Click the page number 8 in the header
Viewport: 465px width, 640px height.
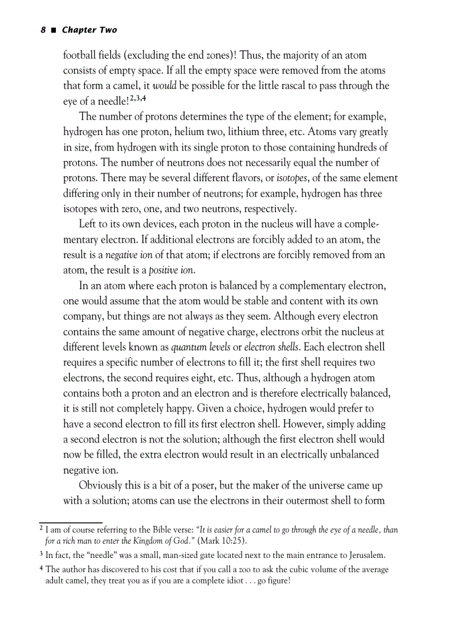pyautogui.click(x=43, y=30)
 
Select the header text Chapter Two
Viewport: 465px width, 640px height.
pyautogui.click(x=89, y=30)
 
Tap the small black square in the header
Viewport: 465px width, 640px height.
pyautogui.click(x=53, y=30)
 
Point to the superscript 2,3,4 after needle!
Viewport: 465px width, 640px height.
pyautogui.click(x=138, y=99)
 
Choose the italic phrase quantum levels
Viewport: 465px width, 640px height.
pyautogui.click(x=195, y=347)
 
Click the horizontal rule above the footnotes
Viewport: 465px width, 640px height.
pyautogui.click(x=71, y=522)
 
